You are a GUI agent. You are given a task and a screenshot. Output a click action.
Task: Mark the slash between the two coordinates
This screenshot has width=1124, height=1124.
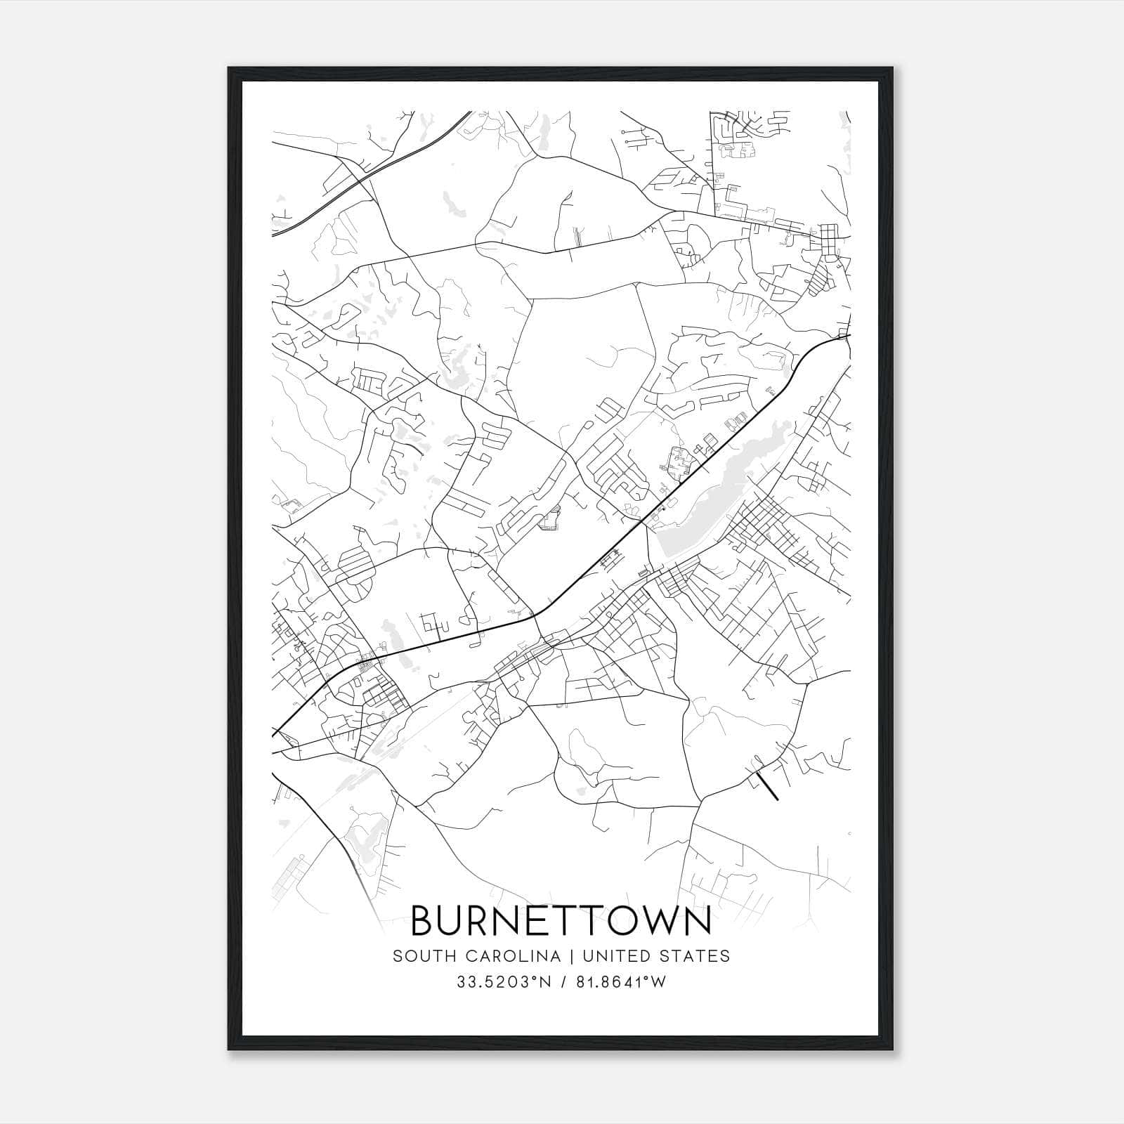562,982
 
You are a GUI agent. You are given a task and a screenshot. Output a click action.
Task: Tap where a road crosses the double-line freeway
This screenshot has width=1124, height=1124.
358,176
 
